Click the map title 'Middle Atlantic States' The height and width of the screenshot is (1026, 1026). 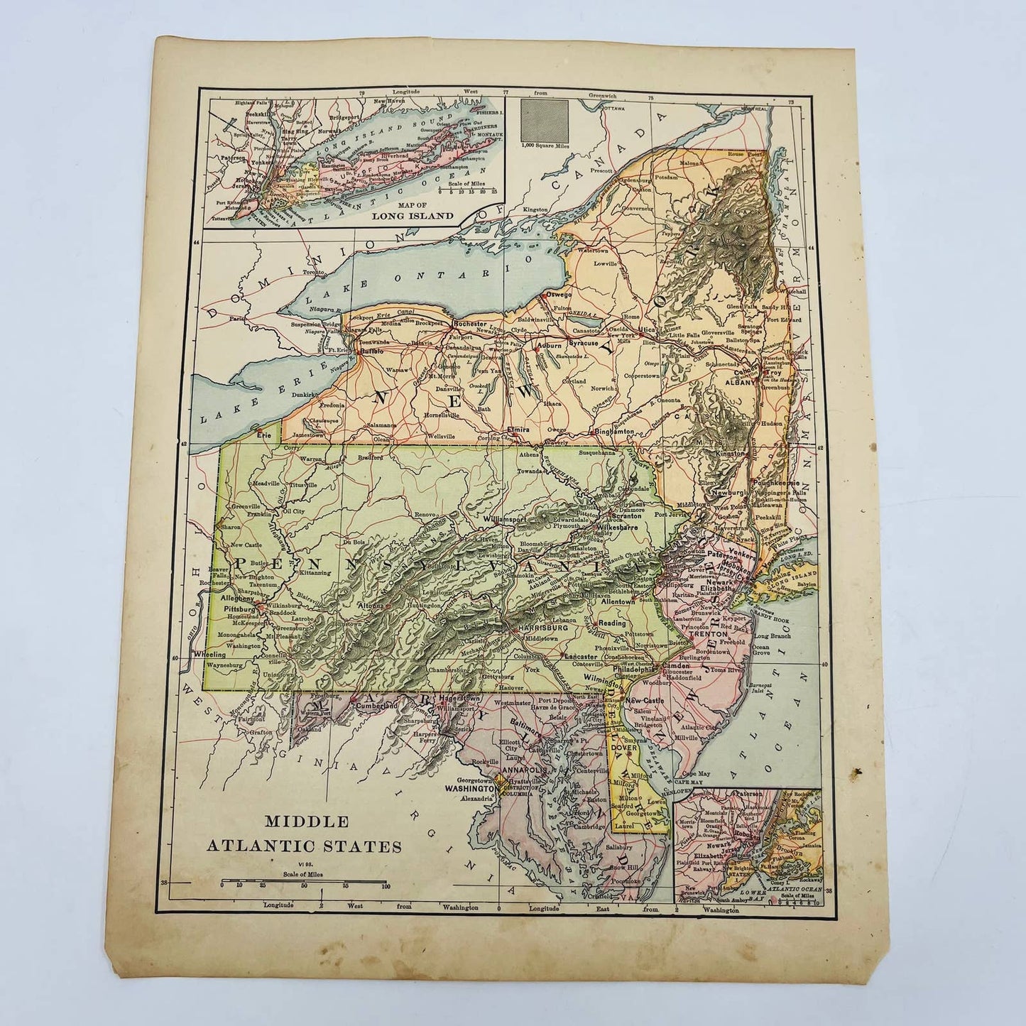click(x=304, y=834)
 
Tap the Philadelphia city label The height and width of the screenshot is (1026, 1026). click(x=635, y=668)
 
